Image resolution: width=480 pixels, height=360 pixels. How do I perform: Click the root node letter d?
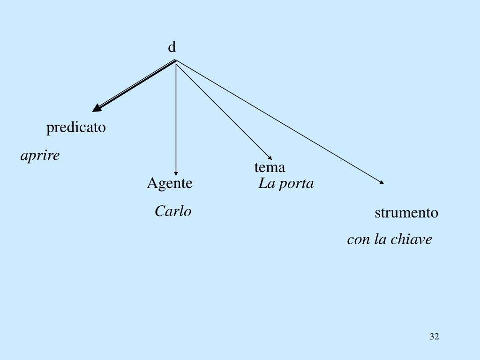172,47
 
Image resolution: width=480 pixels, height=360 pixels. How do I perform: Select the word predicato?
76,127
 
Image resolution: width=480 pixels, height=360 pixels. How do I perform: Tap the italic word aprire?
40,156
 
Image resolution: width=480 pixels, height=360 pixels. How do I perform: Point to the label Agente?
170,183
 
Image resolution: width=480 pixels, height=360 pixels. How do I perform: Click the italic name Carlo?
173,211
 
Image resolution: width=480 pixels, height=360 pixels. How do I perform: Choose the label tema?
270,167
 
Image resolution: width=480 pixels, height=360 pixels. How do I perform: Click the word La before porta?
267,184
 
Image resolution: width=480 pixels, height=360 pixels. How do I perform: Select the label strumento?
406,213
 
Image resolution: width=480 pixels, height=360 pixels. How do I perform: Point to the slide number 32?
434,337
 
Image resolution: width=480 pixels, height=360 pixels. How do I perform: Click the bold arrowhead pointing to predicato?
97,108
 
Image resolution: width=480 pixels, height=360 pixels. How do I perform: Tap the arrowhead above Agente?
176,172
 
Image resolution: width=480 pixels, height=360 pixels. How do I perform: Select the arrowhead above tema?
269,157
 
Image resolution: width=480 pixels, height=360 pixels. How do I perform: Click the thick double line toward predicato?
136,84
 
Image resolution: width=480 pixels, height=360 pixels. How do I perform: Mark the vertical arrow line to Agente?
176,117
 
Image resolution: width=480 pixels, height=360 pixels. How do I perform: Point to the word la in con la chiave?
379,240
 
